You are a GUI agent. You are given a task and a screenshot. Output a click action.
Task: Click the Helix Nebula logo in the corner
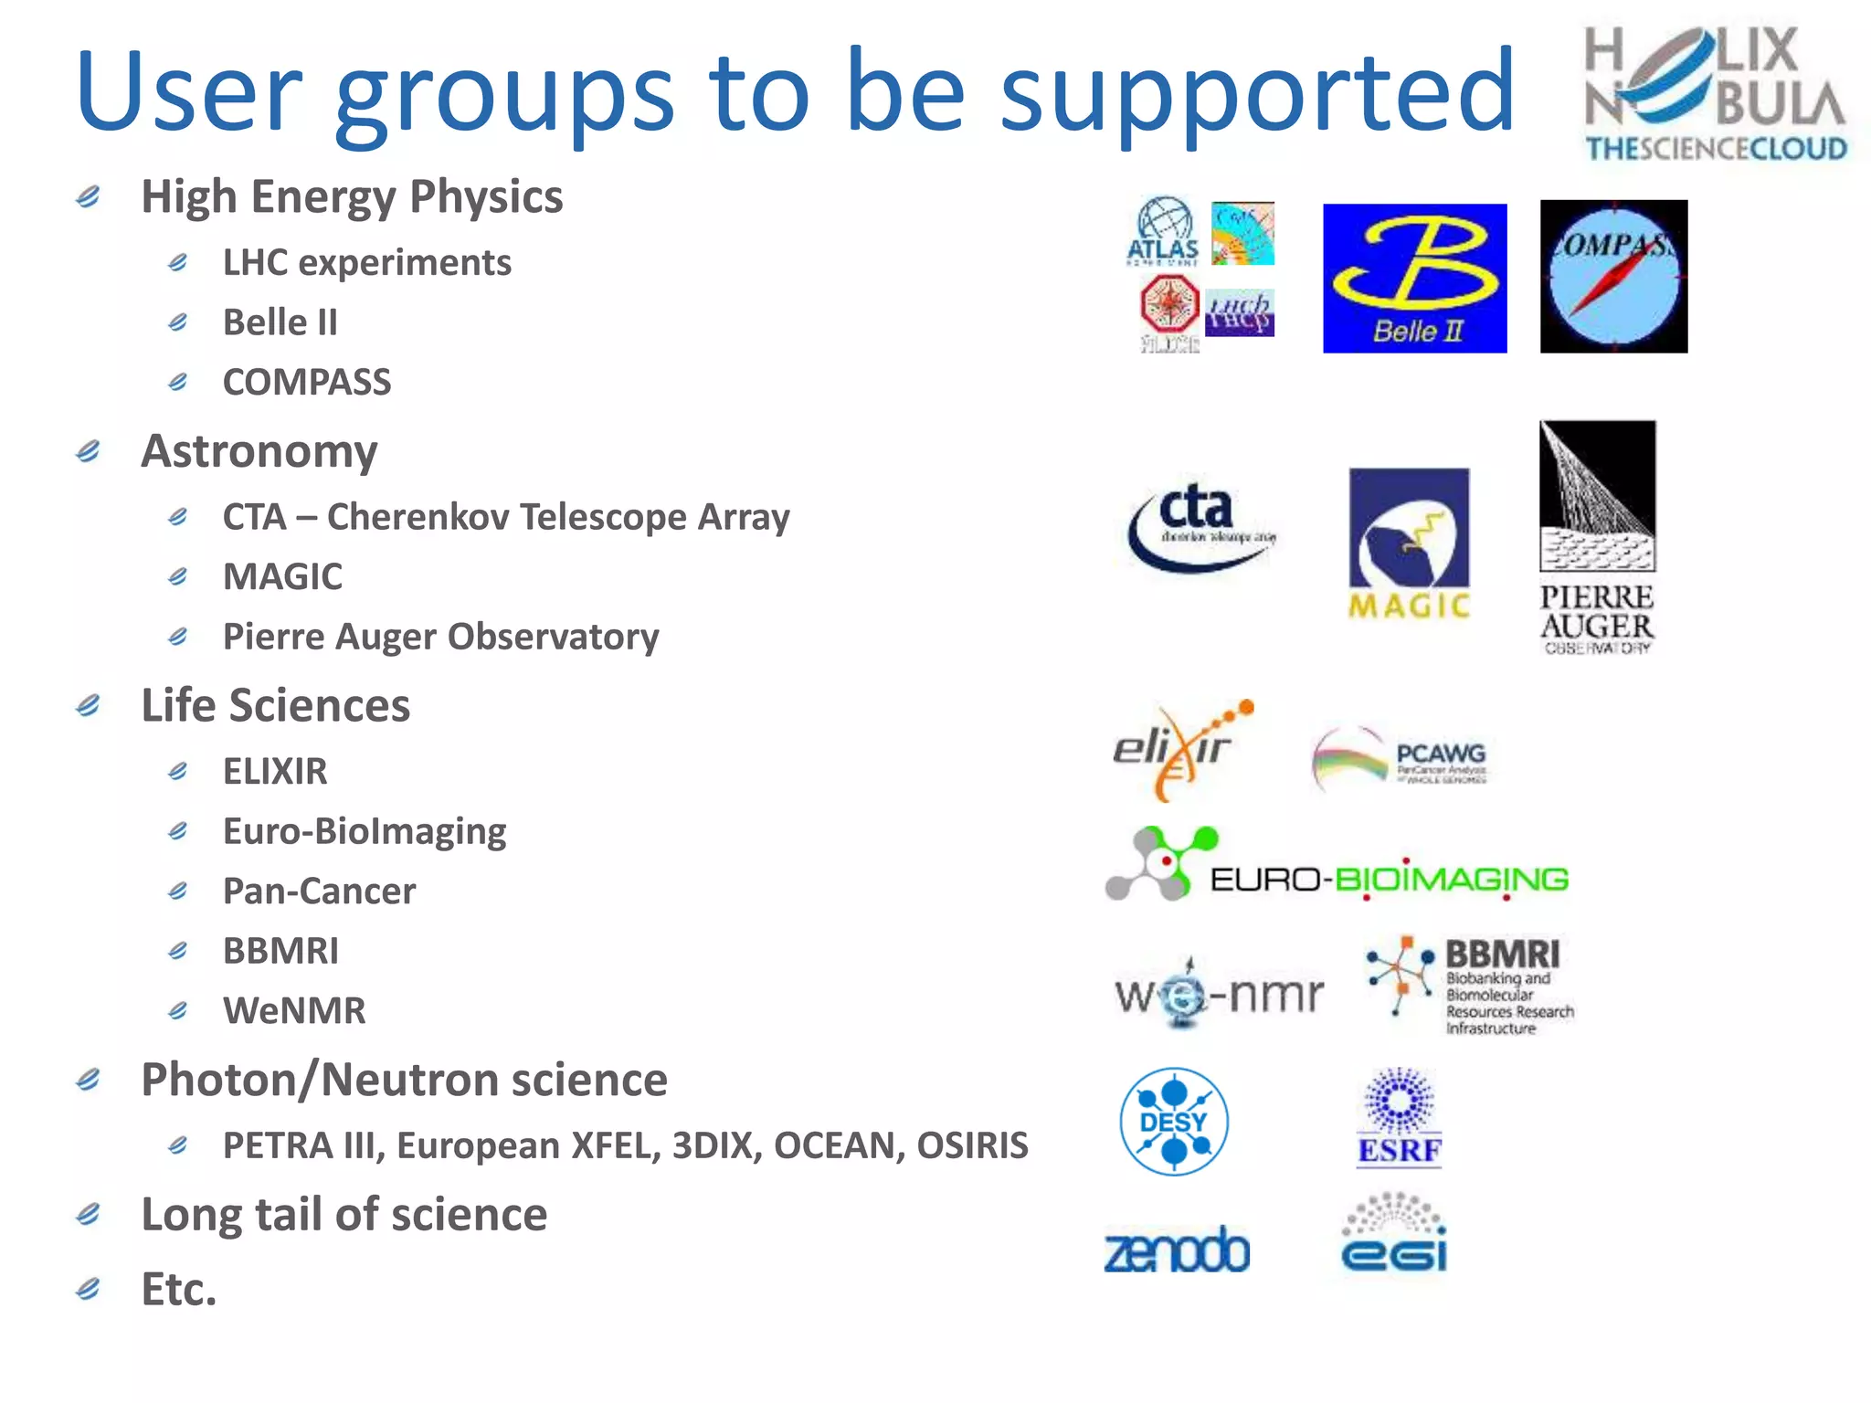(1716, 93)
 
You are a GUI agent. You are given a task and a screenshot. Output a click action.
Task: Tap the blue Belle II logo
(1414, 278)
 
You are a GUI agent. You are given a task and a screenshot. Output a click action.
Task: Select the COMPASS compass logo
(1613, 276)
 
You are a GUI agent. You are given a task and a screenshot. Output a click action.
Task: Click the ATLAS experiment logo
(1163, 232)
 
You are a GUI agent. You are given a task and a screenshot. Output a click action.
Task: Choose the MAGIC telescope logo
(1410, 543)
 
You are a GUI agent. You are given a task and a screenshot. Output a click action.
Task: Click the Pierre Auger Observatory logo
(1597, 537)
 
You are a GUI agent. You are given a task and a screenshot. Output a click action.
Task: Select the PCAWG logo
(1399, 757)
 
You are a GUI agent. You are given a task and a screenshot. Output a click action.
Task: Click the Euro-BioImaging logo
(1337, 867)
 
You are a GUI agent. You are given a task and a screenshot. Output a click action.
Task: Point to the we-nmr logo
(1219, 994)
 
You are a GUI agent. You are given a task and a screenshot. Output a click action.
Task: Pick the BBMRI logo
(1470, 986)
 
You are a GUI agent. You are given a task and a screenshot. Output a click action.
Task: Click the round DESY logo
(1174, 1121)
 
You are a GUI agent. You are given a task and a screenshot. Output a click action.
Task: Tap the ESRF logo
(1400, 1118)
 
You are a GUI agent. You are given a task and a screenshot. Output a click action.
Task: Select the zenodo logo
(1177, 1250)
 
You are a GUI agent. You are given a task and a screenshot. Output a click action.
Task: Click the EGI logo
(1394, 1234)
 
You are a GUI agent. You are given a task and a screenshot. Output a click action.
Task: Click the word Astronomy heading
(259, 452)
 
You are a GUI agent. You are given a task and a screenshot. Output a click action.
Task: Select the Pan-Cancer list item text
(319, 891)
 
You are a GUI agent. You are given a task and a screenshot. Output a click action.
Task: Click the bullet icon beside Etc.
(89, 1289)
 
